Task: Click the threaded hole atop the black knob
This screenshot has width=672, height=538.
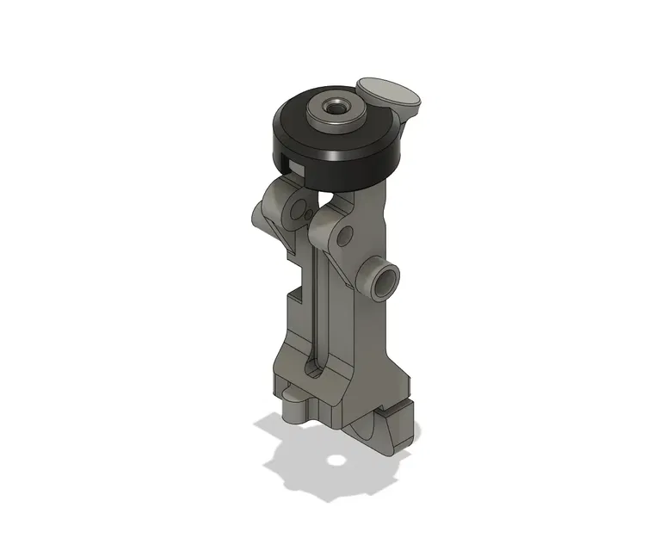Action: (x=333, y=108)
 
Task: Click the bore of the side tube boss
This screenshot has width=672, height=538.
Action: (x=385, y=281)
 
